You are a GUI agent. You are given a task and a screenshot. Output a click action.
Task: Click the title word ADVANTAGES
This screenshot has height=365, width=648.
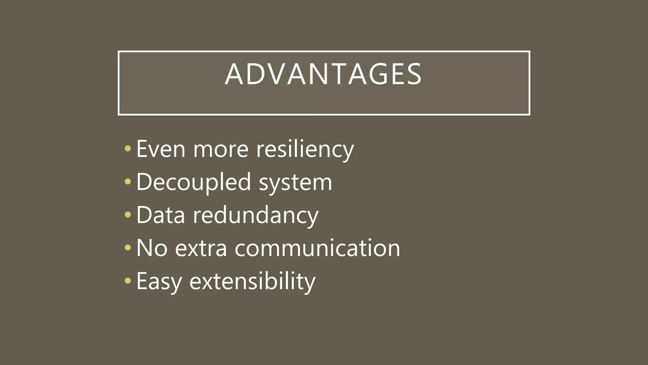click(323, 74)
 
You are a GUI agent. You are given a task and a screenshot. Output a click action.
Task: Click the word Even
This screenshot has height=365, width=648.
click(161, 149)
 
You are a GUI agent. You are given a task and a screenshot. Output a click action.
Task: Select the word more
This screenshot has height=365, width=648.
click(221, 149)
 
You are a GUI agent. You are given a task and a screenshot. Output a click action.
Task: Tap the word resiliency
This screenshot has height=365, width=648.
click(305, 149)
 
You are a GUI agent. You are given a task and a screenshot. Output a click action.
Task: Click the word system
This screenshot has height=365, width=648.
click(296, 183)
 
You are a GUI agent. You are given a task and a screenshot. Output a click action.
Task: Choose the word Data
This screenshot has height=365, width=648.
click(160, 215)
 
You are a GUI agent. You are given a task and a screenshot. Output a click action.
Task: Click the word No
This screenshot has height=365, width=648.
click(152, 248)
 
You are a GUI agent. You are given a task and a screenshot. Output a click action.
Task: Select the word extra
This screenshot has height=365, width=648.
click(201, 248)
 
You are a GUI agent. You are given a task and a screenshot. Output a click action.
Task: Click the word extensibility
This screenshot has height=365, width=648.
click(252, 281)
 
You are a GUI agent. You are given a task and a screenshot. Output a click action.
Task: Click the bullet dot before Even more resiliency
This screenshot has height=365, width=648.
click(128, 148)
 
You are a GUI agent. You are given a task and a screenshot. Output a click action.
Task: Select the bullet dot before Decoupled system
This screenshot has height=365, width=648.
click(128, 182)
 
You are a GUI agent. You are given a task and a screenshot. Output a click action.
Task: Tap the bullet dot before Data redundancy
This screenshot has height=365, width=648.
click(128, 215)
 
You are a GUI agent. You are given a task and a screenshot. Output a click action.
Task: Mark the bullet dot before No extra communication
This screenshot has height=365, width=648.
click(128, 247)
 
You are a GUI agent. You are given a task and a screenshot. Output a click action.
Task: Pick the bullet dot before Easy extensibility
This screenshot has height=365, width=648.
click(128, 280)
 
